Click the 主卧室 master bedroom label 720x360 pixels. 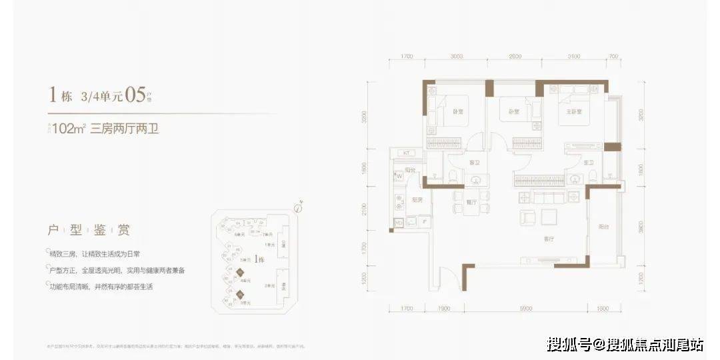point(574,111)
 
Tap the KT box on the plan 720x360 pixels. point(407,153)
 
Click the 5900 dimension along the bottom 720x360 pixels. point(526,309)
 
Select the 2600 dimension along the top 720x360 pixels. point(514,57)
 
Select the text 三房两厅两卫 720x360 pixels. point(129,128)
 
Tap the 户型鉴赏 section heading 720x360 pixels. point(89,231)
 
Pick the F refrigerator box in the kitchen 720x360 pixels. point(425,220)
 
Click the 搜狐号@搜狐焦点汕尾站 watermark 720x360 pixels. point(625,344)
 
